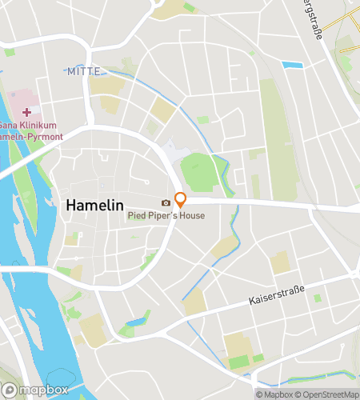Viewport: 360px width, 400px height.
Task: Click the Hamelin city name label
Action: pos(94,205)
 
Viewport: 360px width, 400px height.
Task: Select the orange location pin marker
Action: pos(181,200)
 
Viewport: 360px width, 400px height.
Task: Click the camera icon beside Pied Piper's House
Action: pos(166,203)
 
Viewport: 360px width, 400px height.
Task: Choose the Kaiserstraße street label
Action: pos(277,300)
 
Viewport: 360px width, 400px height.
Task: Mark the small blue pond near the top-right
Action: pos(292,65)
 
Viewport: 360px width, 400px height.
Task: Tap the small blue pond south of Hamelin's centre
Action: pos(137,322)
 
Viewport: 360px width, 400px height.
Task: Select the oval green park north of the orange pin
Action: pos(198,171)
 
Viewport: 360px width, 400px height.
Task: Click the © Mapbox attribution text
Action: pos(274,394)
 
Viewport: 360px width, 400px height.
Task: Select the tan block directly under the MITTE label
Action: pos(106,86)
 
